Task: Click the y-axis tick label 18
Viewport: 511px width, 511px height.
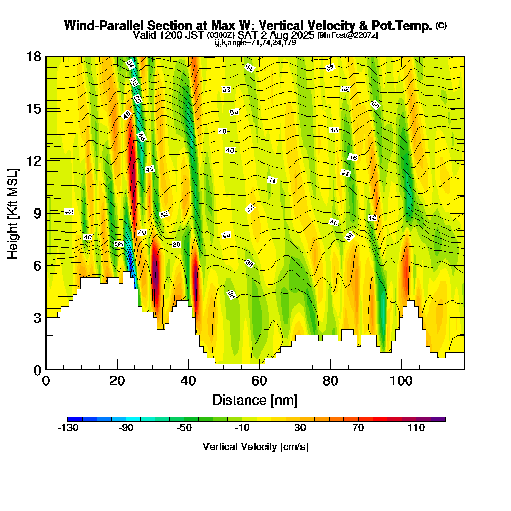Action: click(34, 56)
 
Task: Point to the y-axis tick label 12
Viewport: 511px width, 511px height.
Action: click(34, 160)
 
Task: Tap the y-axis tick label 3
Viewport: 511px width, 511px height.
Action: click(37, 317)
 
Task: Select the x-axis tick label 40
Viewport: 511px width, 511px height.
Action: click(188, 381)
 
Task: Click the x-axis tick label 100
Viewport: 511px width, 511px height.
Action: click(402, 381)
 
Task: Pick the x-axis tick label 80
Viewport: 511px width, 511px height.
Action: click(331, 381)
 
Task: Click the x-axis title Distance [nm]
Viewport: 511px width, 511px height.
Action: click(255, 400)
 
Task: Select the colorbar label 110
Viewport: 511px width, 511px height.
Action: click(416, 428)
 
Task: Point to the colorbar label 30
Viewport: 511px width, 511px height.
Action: click(300, 428)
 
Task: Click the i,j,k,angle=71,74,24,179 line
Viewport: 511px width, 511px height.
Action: click(255, 42)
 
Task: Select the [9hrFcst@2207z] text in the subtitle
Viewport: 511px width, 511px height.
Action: click(347, 35)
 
